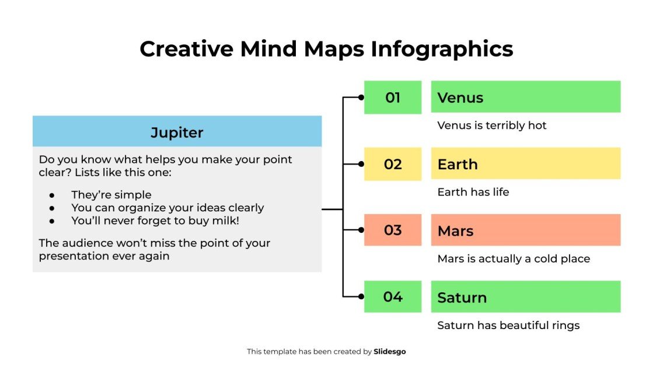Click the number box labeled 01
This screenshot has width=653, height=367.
click(393, 97)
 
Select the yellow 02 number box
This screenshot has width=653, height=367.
click(393, 164)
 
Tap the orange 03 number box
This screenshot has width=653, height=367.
click(393, 230)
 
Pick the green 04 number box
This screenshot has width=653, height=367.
click(393, 296)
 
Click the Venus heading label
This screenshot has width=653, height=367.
click(460, 97)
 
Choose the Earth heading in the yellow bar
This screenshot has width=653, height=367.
click(458, 164)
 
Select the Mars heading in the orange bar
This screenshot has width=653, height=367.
click(455, 230)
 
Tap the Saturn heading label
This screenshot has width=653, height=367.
click(462, 297)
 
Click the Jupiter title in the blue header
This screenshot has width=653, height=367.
click(177, 132)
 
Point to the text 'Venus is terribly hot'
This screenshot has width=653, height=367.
click(491, 125)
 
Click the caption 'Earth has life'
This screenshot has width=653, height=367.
click(473, 192)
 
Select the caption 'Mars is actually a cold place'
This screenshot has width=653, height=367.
click(514, 258)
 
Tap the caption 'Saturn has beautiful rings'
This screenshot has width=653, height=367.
click(508, 325)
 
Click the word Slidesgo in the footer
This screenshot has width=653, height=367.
click(389, 352)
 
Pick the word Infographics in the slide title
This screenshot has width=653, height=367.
click(442, 48)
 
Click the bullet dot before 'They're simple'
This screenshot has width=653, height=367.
click(52, 195)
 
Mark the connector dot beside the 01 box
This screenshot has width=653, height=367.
click(361, 97)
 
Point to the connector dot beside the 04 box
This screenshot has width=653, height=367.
click(361, 296)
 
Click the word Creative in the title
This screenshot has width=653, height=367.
click(186, 48)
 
